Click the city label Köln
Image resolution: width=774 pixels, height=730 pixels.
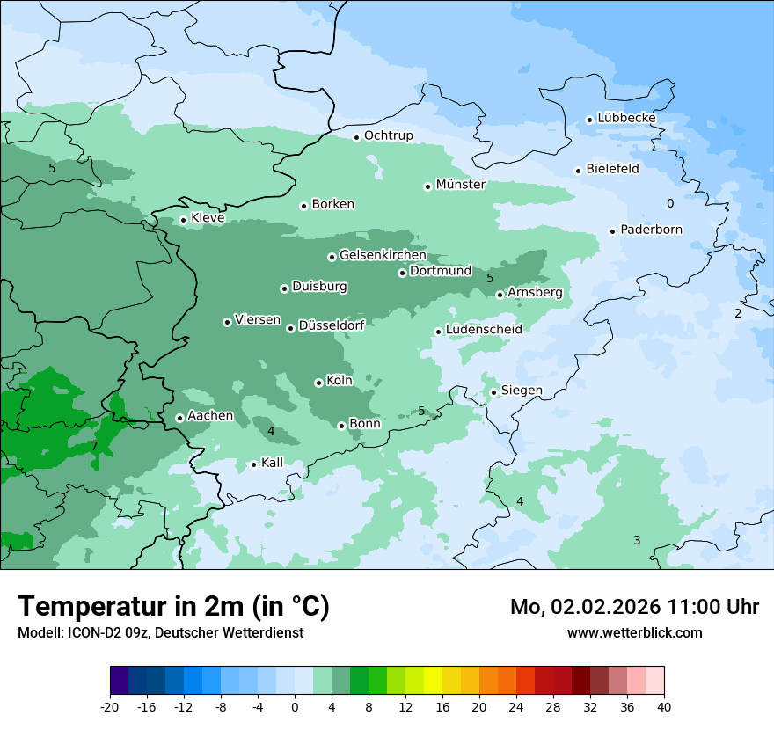(x=339, y=381)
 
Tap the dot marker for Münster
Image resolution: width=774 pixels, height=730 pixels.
(x=427, y=186)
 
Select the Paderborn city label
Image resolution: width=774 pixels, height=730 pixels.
(x=651, y=230)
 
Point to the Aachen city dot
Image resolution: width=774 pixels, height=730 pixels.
(x=179, y=418)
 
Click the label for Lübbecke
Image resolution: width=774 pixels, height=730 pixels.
(x=626, y=118)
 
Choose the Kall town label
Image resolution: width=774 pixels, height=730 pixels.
(x=272, y=463)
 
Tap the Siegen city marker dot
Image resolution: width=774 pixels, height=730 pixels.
(x=493, y=392)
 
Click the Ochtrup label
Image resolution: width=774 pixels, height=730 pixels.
(x=388, y=135)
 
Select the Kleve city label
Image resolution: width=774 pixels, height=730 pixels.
(x=208, y=218)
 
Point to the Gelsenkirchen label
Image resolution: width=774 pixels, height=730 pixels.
(x=383, y=255)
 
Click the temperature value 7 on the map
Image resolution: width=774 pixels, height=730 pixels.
(x=94, y=447)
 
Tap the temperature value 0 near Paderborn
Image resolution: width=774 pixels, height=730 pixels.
(x=670, y=204)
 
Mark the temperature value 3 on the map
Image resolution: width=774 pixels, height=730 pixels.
(x=637, y=540)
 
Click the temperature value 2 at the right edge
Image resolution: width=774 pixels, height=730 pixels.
(x=738, y=314)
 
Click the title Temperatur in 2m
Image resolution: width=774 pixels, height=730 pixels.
(x=173, y=606)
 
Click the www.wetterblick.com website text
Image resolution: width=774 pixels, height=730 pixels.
(x=634, y=632)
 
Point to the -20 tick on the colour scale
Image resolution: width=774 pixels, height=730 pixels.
(x=110, y=706)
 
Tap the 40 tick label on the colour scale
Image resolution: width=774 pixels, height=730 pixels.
(x=664, y=706)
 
